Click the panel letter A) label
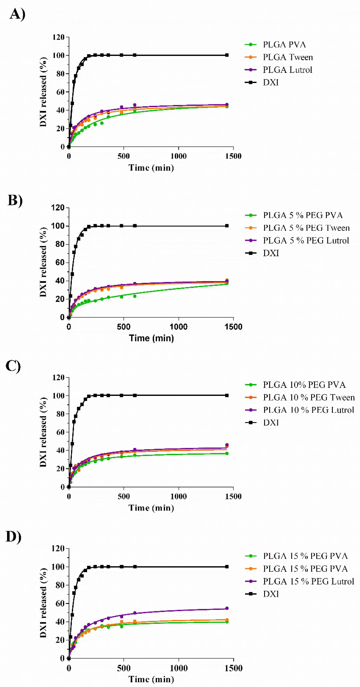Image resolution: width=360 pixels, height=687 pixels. [x=17, y=14]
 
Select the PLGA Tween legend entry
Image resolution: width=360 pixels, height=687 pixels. [x=288, y=57]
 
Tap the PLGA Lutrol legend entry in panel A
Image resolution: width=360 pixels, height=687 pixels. [x=287, y=70]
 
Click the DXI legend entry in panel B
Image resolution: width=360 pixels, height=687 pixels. [x=271, y=253]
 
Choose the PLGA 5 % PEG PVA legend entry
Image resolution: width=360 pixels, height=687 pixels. [x=303, y=215]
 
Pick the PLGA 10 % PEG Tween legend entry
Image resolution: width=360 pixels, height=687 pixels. [x=309, y=398]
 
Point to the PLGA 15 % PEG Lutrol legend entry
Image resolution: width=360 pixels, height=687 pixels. [x=308, y=581]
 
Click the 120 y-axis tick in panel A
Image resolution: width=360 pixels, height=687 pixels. [x=58, y=37]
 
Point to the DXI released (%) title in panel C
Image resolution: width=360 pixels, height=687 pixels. [x=43, y=432]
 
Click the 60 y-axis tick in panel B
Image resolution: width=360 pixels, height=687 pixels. [x=60, y=262]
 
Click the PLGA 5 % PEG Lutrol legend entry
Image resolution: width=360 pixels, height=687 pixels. [x=306, y=241]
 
